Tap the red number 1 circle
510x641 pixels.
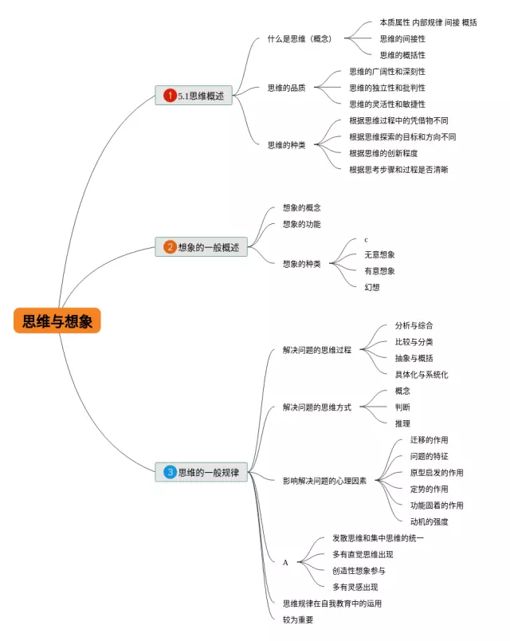pyautogui.click(x=170, y=95)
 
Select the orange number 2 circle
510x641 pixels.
pyautogui.click(x=170, y=247)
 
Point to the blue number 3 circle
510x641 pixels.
pyautogui.click(x=170, y=472)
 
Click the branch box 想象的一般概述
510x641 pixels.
pyautogui.click(x=201, y=247)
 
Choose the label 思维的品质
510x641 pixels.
pyautogui.click(x=286, y=88)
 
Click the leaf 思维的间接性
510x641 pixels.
pyautogui.click(x=402, y=39)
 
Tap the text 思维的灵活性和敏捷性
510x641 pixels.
pyautogui.click(x=387, y=104)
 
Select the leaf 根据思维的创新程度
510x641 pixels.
pyautogui.click(x=383, y=153)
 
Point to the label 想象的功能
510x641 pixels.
pyautogui.click(x=301, y=224)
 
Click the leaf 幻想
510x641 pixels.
pyautogui.click(x=372, y=287)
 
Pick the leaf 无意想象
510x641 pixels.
pyautogui.click(x=379, y=254)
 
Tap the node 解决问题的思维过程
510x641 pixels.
pyautogui.click(x=316, y=350)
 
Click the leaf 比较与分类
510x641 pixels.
pyautogui.click(x=414, y=342)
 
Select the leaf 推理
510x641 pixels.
pyautogui.click(x=402, y=423)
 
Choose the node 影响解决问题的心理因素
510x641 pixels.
pyautogui.click(x=324, y=481)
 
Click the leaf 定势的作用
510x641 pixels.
pyautogui.click(x=429, y=489)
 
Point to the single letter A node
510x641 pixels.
pyautogui.click(x=285, y=563)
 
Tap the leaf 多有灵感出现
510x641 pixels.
pyautogui.click(x=355, y=587)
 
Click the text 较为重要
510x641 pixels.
pyautogui.click(x=298, y=619)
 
